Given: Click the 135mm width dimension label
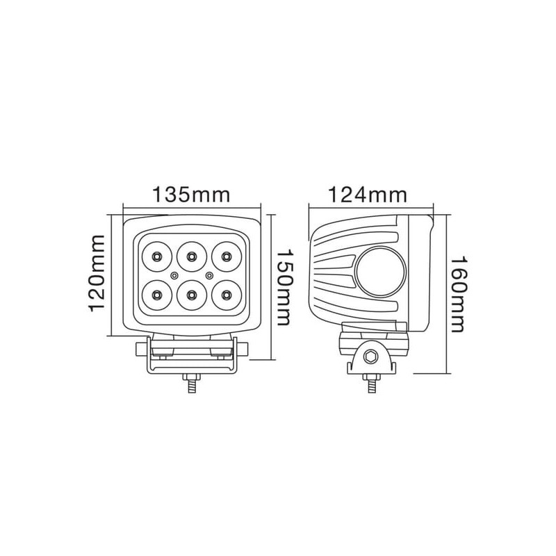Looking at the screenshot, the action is pos(191,195).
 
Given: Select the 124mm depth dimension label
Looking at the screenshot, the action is pos(368,195).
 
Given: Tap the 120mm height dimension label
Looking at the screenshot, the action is pos(97,273).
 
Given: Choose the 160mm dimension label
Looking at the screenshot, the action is pos(458,294).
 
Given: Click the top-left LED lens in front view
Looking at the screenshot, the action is pos(156,256).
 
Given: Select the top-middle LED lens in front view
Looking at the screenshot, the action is pos(192,256).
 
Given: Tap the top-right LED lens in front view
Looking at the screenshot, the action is pos(227,256).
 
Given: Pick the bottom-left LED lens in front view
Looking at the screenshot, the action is pos(156,295).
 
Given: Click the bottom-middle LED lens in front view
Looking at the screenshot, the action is pos(192,295).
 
